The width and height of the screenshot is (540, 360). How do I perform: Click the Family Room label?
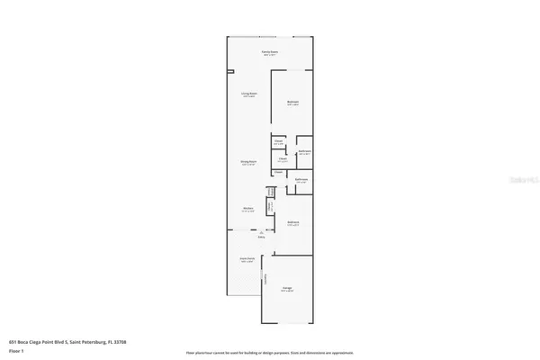pos(269,52)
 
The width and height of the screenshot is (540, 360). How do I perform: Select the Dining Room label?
pos(249,162)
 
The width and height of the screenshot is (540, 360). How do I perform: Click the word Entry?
pos(262,238)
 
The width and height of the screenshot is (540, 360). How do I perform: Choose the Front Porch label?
pos(247,258)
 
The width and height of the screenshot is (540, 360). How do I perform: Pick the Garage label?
pos(286,289)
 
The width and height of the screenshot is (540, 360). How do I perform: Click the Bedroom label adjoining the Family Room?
pos(292,102)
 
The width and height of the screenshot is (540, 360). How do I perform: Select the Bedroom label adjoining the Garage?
pos(292,222)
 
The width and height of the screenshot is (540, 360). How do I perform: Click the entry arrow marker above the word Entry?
pos(262,233)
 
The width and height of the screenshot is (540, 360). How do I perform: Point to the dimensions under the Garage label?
pos(286,292)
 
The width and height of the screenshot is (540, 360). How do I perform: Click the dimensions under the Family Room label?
pos(269,56)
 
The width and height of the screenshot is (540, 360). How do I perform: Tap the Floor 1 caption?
pos(15,352)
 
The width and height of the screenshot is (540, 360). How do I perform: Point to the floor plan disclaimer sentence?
pos(270,353)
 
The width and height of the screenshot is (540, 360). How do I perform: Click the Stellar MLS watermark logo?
pos(521,181)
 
